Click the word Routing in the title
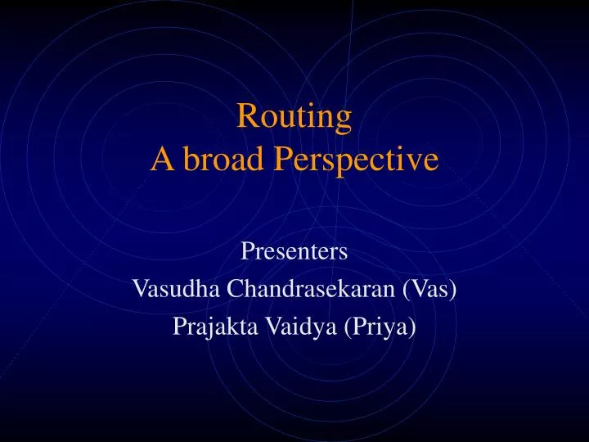294,118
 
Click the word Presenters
294,251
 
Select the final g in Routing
344,121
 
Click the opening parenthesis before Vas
407,289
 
